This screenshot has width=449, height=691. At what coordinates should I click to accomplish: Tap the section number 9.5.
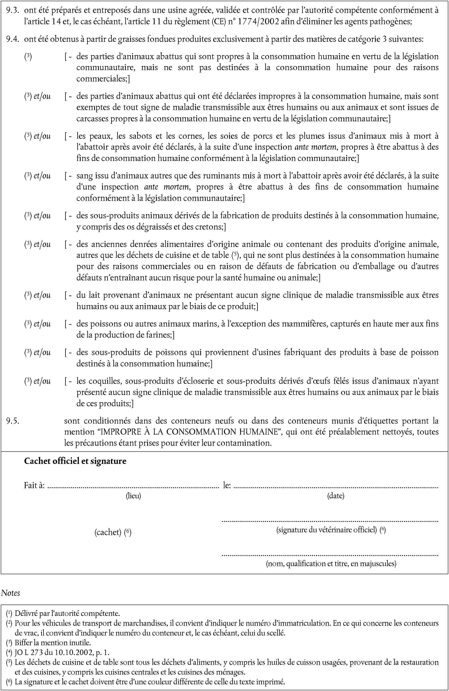click(13, 421)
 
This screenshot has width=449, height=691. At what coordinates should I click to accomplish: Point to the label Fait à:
click(34, 485)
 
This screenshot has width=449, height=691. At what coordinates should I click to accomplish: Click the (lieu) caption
click(133, 496)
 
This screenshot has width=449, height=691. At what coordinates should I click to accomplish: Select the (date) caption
click(336, 496)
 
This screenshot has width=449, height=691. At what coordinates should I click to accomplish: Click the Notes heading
click(11, 593)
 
